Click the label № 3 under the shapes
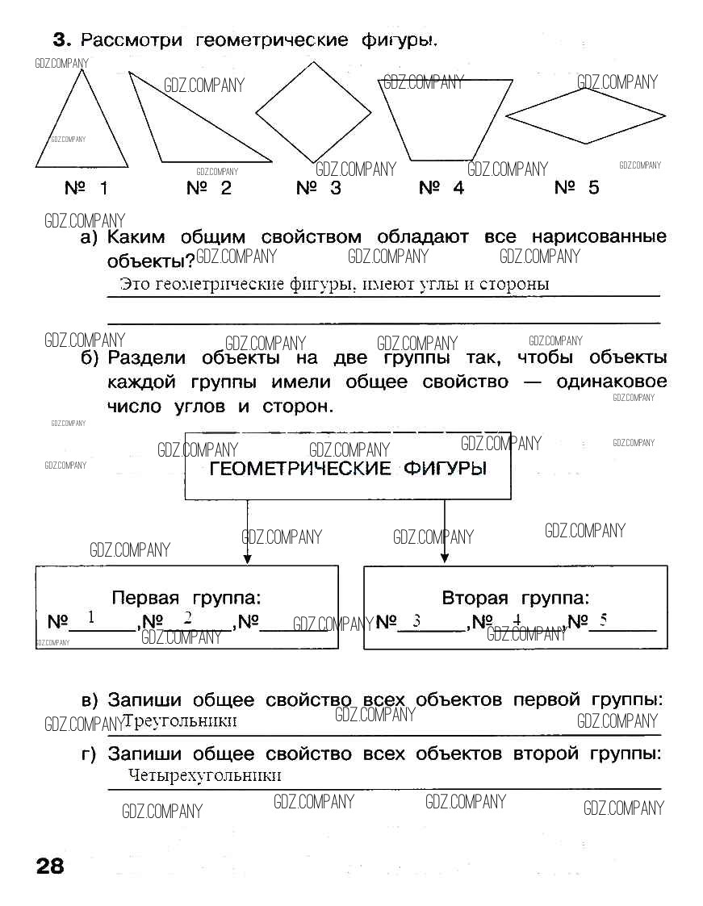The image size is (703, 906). click(319, 188)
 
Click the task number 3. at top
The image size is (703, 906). click(62, 40)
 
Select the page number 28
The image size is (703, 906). click(50, 866)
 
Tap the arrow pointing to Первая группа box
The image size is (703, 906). click(248, 532)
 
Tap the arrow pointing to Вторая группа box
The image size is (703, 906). click(445, 532)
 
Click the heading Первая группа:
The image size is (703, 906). click(186, 598)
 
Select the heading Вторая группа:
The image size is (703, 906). click(516, 598)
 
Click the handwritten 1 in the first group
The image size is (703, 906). click(90, 617)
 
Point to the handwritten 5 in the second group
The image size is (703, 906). click(604, 620)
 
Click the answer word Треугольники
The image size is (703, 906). click(180, 720)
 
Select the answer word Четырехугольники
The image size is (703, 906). click(205, 775)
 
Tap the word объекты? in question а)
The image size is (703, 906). click(151, 261)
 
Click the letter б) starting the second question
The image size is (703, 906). click(90, 358)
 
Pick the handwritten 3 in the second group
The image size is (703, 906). click(416, 621)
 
